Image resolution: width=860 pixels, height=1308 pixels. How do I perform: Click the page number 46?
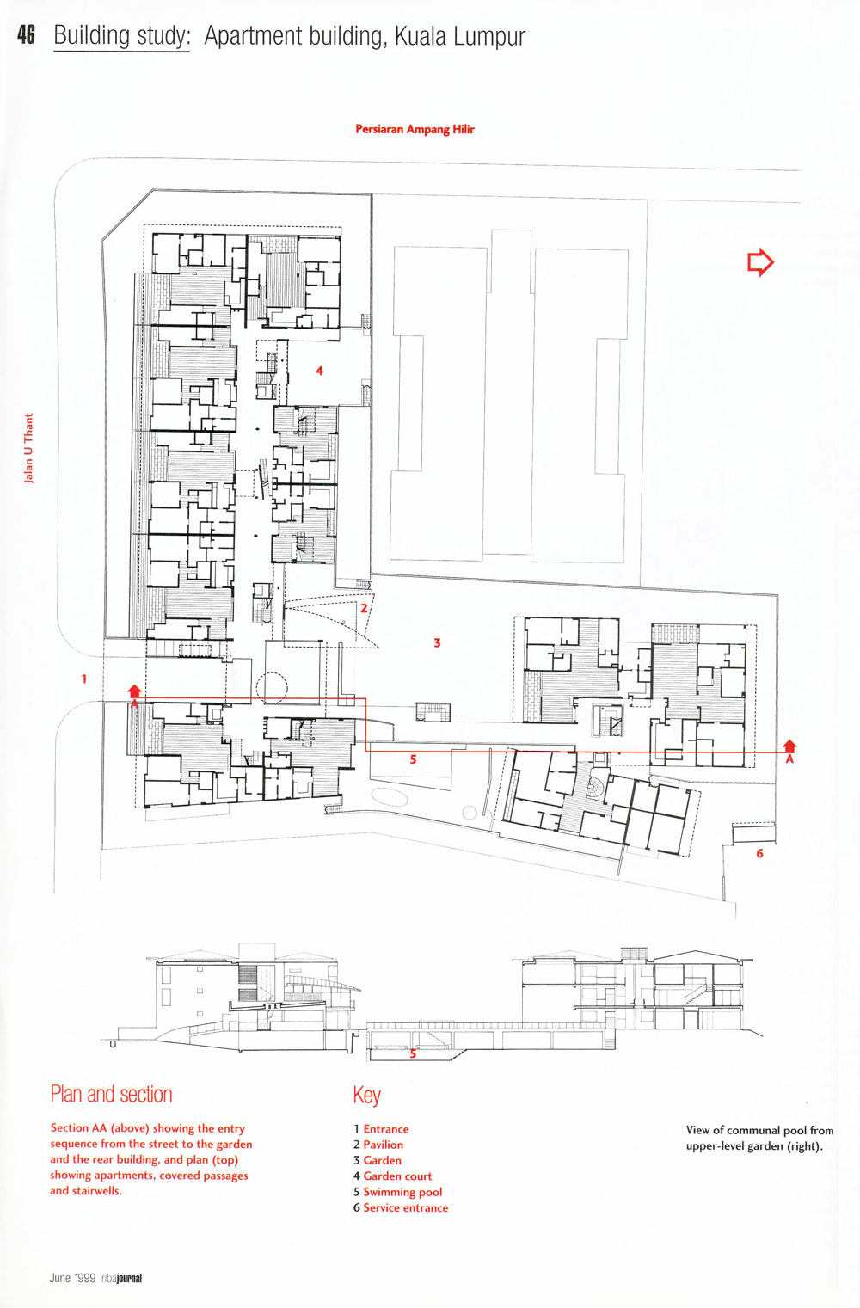point(27,35)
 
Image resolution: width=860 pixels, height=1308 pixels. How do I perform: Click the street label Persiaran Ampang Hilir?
point(415,129)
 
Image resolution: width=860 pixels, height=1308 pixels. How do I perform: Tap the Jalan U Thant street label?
point(28,448)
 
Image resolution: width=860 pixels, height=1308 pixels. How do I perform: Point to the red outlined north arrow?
point(760,262)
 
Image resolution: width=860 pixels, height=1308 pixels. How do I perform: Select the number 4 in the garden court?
point(319,370)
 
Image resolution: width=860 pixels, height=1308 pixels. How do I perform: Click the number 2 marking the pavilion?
point(364,608)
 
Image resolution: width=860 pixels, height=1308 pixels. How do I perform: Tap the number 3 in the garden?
point(437,643)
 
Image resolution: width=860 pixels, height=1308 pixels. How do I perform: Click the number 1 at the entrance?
point(84,679)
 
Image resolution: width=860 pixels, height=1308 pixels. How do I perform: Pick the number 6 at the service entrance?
point(759,853)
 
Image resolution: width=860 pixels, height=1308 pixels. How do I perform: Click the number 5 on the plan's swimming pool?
point(413,759)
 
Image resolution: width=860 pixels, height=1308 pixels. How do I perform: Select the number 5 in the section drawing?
point(413,1053)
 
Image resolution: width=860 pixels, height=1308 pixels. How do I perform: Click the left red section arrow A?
point(134,696)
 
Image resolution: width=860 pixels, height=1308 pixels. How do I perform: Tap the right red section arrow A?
point(789,751)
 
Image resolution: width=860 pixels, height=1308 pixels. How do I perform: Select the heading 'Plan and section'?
point(111,1094)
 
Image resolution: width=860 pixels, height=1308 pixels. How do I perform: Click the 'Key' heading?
point(366,1096)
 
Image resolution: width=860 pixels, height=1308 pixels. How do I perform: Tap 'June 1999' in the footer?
point(72,1279)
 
